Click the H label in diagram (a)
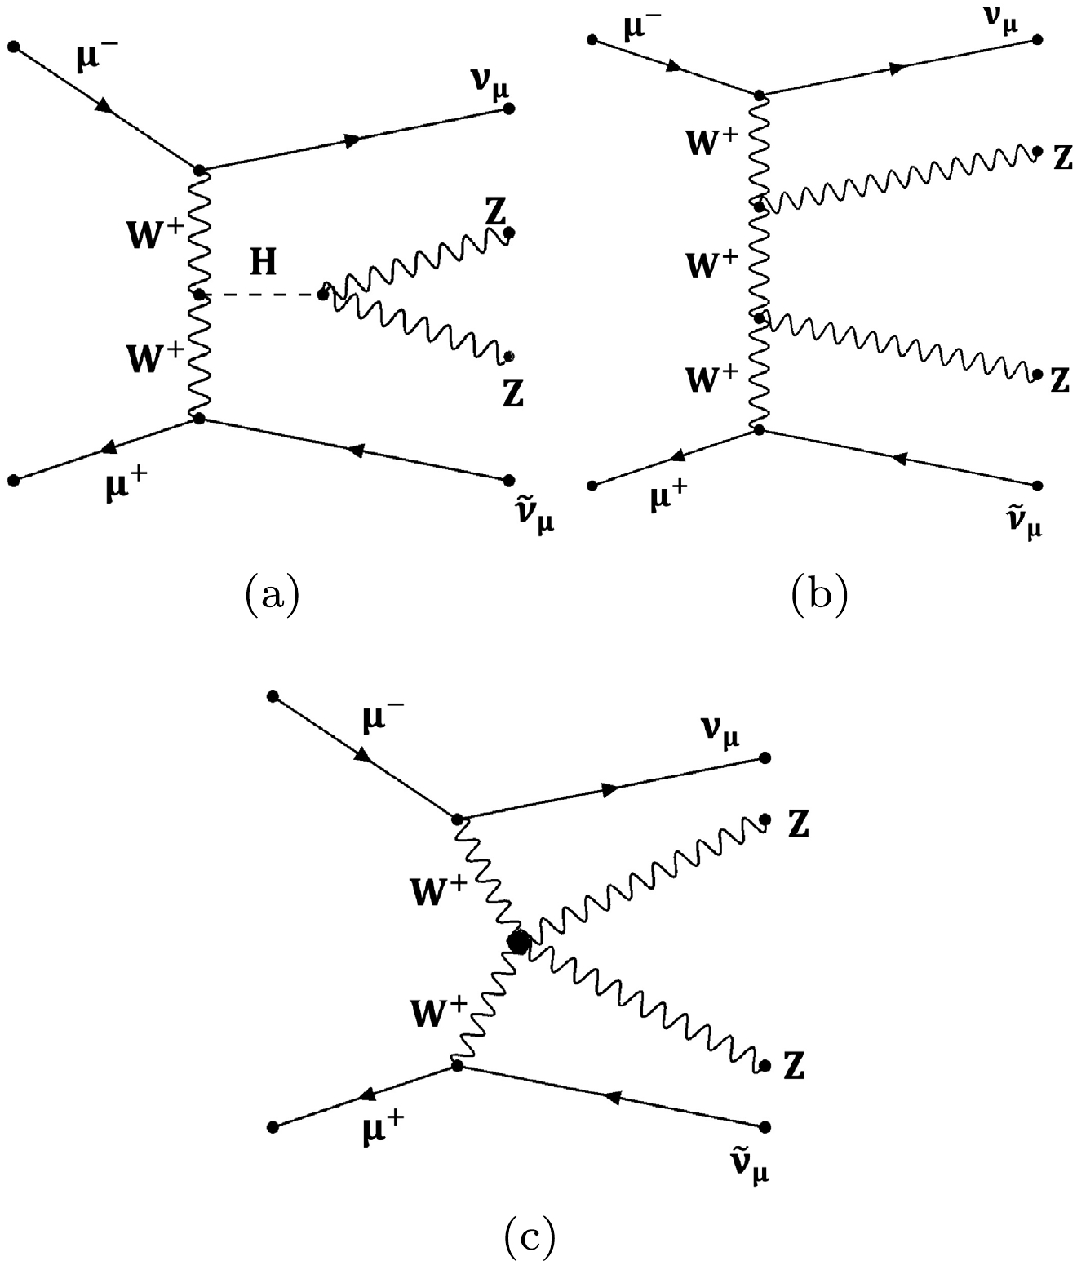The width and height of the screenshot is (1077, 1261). pyautogui.click(x=264, y=263)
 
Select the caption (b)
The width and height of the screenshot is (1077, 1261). pyautogui.click(x=819, y=594)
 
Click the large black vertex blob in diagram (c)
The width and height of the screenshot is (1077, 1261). pyautogui.click(x=518, y=943)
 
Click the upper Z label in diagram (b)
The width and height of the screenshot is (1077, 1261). pyautogui.click(x=1061, y=158)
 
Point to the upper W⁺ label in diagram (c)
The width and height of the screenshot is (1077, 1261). pyautogui.click(x=441, y=894)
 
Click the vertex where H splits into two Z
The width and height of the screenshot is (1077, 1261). pyautogui.click(x=324, y=294)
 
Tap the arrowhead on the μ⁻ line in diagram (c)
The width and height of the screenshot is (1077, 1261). pyautogui.click(x=364, y=757)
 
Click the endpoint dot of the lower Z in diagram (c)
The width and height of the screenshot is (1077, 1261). pyautogui.click(x=765, y=1066)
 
